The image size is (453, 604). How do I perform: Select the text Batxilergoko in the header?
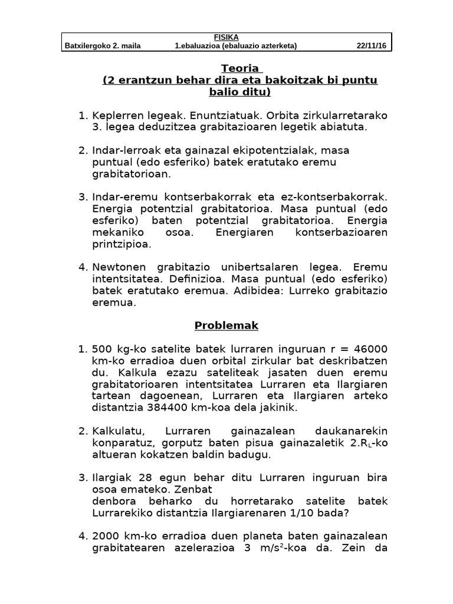click(88, 46)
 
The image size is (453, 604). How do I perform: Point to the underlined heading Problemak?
click(226, 325)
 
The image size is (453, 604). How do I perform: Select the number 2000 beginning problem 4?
click(106, 536)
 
